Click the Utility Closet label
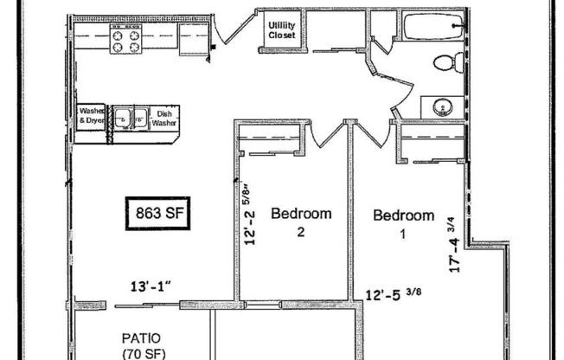[x=282, y=30]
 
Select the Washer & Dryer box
[x=92, y=116]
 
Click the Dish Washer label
[x=163, y=118]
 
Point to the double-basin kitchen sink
[x=130, y=116]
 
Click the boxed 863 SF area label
[x=157, y=212]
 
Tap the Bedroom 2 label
[x=301, y=221]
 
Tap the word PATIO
[x=139, y=337]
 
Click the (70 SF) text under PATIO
[x=139, y=353]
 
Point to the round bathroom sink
[x=442, y=106]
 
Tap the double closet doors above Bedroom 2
[x=323, y=134]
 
